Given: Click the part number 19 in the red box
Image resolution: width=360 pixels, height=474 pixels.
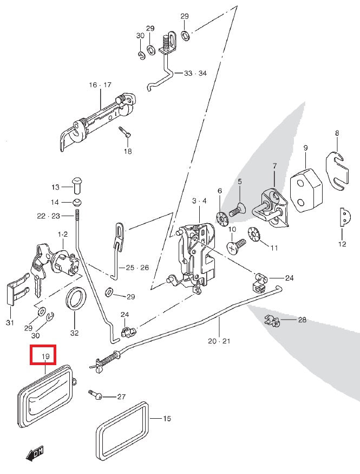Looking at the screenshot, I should point(46,356).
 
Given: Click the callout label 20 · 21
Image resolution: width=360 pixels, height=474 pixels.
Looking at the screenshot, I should point(219,341).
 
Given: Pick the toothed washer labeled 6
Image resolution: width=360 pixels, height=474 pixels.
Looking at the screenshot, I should point(221,218).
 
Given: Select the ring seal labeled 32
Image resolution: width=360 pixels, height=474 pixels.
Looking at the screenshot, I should point(75,300).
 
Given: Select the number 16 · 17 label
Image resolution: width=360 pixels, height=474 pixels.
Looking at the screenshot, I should point(100,85).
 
